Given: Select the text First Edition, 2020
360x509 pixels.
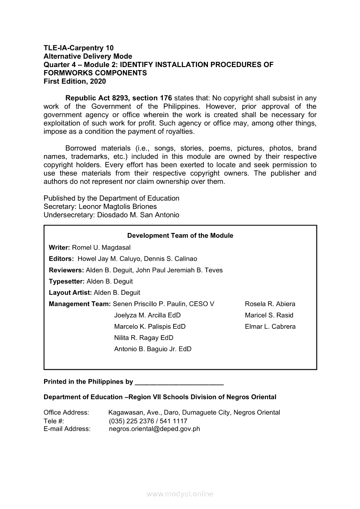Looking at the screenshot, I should [x=75, y=81].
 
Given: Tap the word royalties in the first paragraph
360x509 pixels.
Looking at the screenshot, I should [x=179, y=131].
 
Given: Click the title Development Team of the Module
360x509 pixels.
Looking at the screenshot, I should [x=180, y=236].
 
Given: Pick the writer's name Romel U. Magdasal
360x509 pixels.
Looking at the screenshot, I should [x=101, y=247].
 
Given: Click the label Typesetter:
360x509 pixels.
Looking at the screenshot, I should [x=67, y=281].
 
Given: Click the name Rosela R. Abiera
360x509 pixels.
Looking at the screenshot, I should [x=270, y=304].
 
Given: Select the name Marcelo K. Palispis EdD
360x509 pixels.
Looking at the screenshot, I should [x=149, y=327].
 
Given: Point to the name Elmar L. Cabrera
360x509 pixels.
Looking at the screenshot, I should [x=270, y=327].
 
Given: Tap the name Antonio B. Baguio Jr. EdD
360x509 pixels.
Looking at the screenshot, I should [x=153, y=349].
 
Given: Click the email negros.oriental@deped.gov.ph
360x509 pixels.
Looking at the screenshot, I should [x=154, y=428].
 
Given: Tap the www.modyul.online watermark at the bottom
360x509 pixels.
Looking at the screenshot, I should [x=180, y=494].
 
